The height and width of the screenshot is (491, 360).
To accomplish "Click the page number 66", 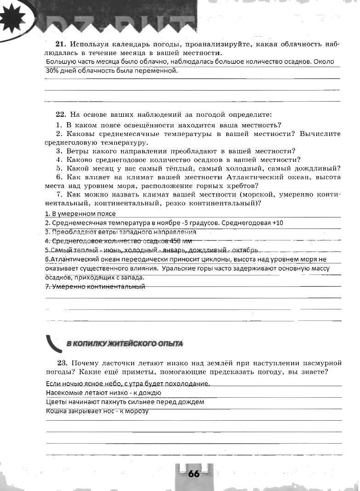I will [x=194, y=474].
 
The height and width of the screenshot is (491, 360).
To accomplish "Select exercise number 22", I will [x=61, y=114].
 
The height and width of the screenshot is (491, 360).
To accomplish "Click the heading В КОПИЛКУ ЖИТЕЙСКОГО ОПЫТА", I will [x=125, y=343].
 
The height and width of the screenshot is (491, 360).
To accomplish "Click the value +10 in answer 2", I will [x=278, y=223].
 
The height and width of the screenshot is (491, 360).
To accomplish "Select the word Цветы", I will [x=56, y=402].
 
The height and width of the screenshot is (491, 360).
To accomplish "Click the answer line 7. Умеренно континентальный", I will [x=95, y=286].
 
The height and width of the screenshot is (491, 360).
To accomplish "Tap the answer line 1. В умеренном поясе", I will [x=80, y=214].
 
